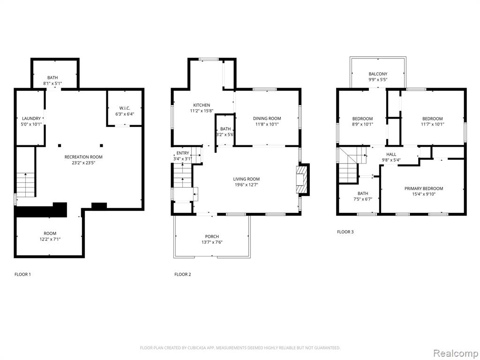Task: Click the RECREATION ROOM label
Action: [83, 157]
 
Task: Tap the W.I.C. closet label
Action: [125, 108]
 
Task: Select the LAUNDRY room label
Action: [31, 119]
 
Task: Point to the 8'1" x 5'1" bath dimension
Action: [52, 83]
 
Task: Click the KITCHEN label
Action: [202, 105]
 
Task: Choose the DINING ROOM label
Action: [267, 119]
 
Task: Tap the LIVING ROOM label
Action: [247, 179]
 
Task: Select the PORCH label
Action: [212, 237]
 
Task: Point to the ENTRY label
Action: [183, 153]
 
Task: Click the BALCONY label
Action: [378, 74]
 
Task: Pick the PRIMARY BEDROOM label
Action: [424, 188]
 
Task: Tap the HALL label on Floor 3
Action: [391, 154]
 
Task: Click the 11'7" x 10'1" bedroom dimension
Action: [433, 124]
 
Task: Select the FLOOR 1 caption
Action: [22, 274]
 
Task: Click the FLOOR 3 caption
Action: [345, 232]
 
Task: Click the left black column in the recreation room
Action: [60, 145]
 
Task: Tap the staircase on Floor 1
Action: [26, 185]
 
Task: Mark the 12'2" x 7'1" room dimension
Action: [50, 239]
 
